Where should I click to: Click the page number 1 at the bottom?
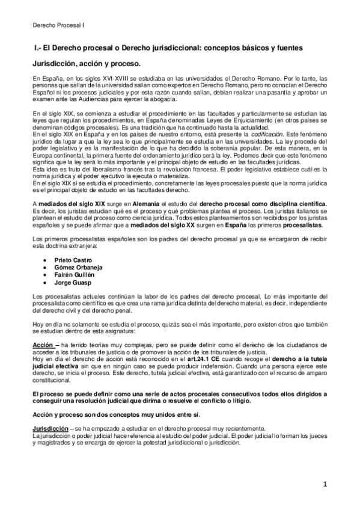coord(323,484)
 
